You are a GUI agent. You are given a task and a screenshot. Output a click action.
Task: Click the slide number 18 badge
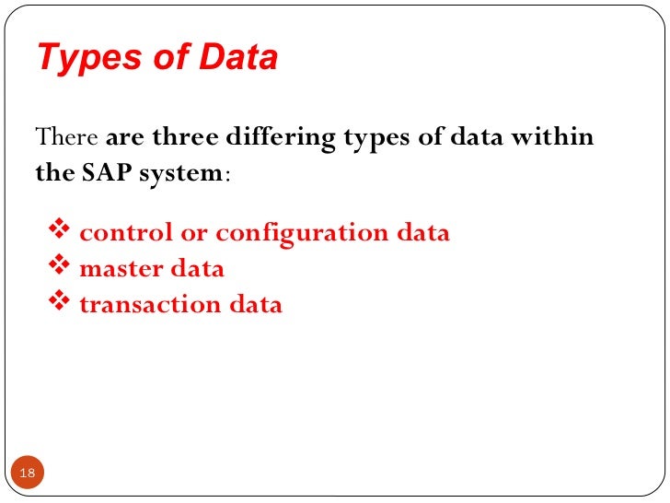27,474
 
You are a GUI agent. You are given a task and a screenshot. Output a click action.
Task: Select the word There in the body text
66,138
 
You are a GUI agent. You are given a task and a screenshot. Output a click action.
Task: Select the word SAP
116,172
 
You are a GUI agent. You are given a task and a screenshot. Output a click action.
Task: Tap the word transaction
137,305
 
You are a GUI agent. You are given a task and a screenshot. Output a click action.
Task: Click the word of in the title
159,58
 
